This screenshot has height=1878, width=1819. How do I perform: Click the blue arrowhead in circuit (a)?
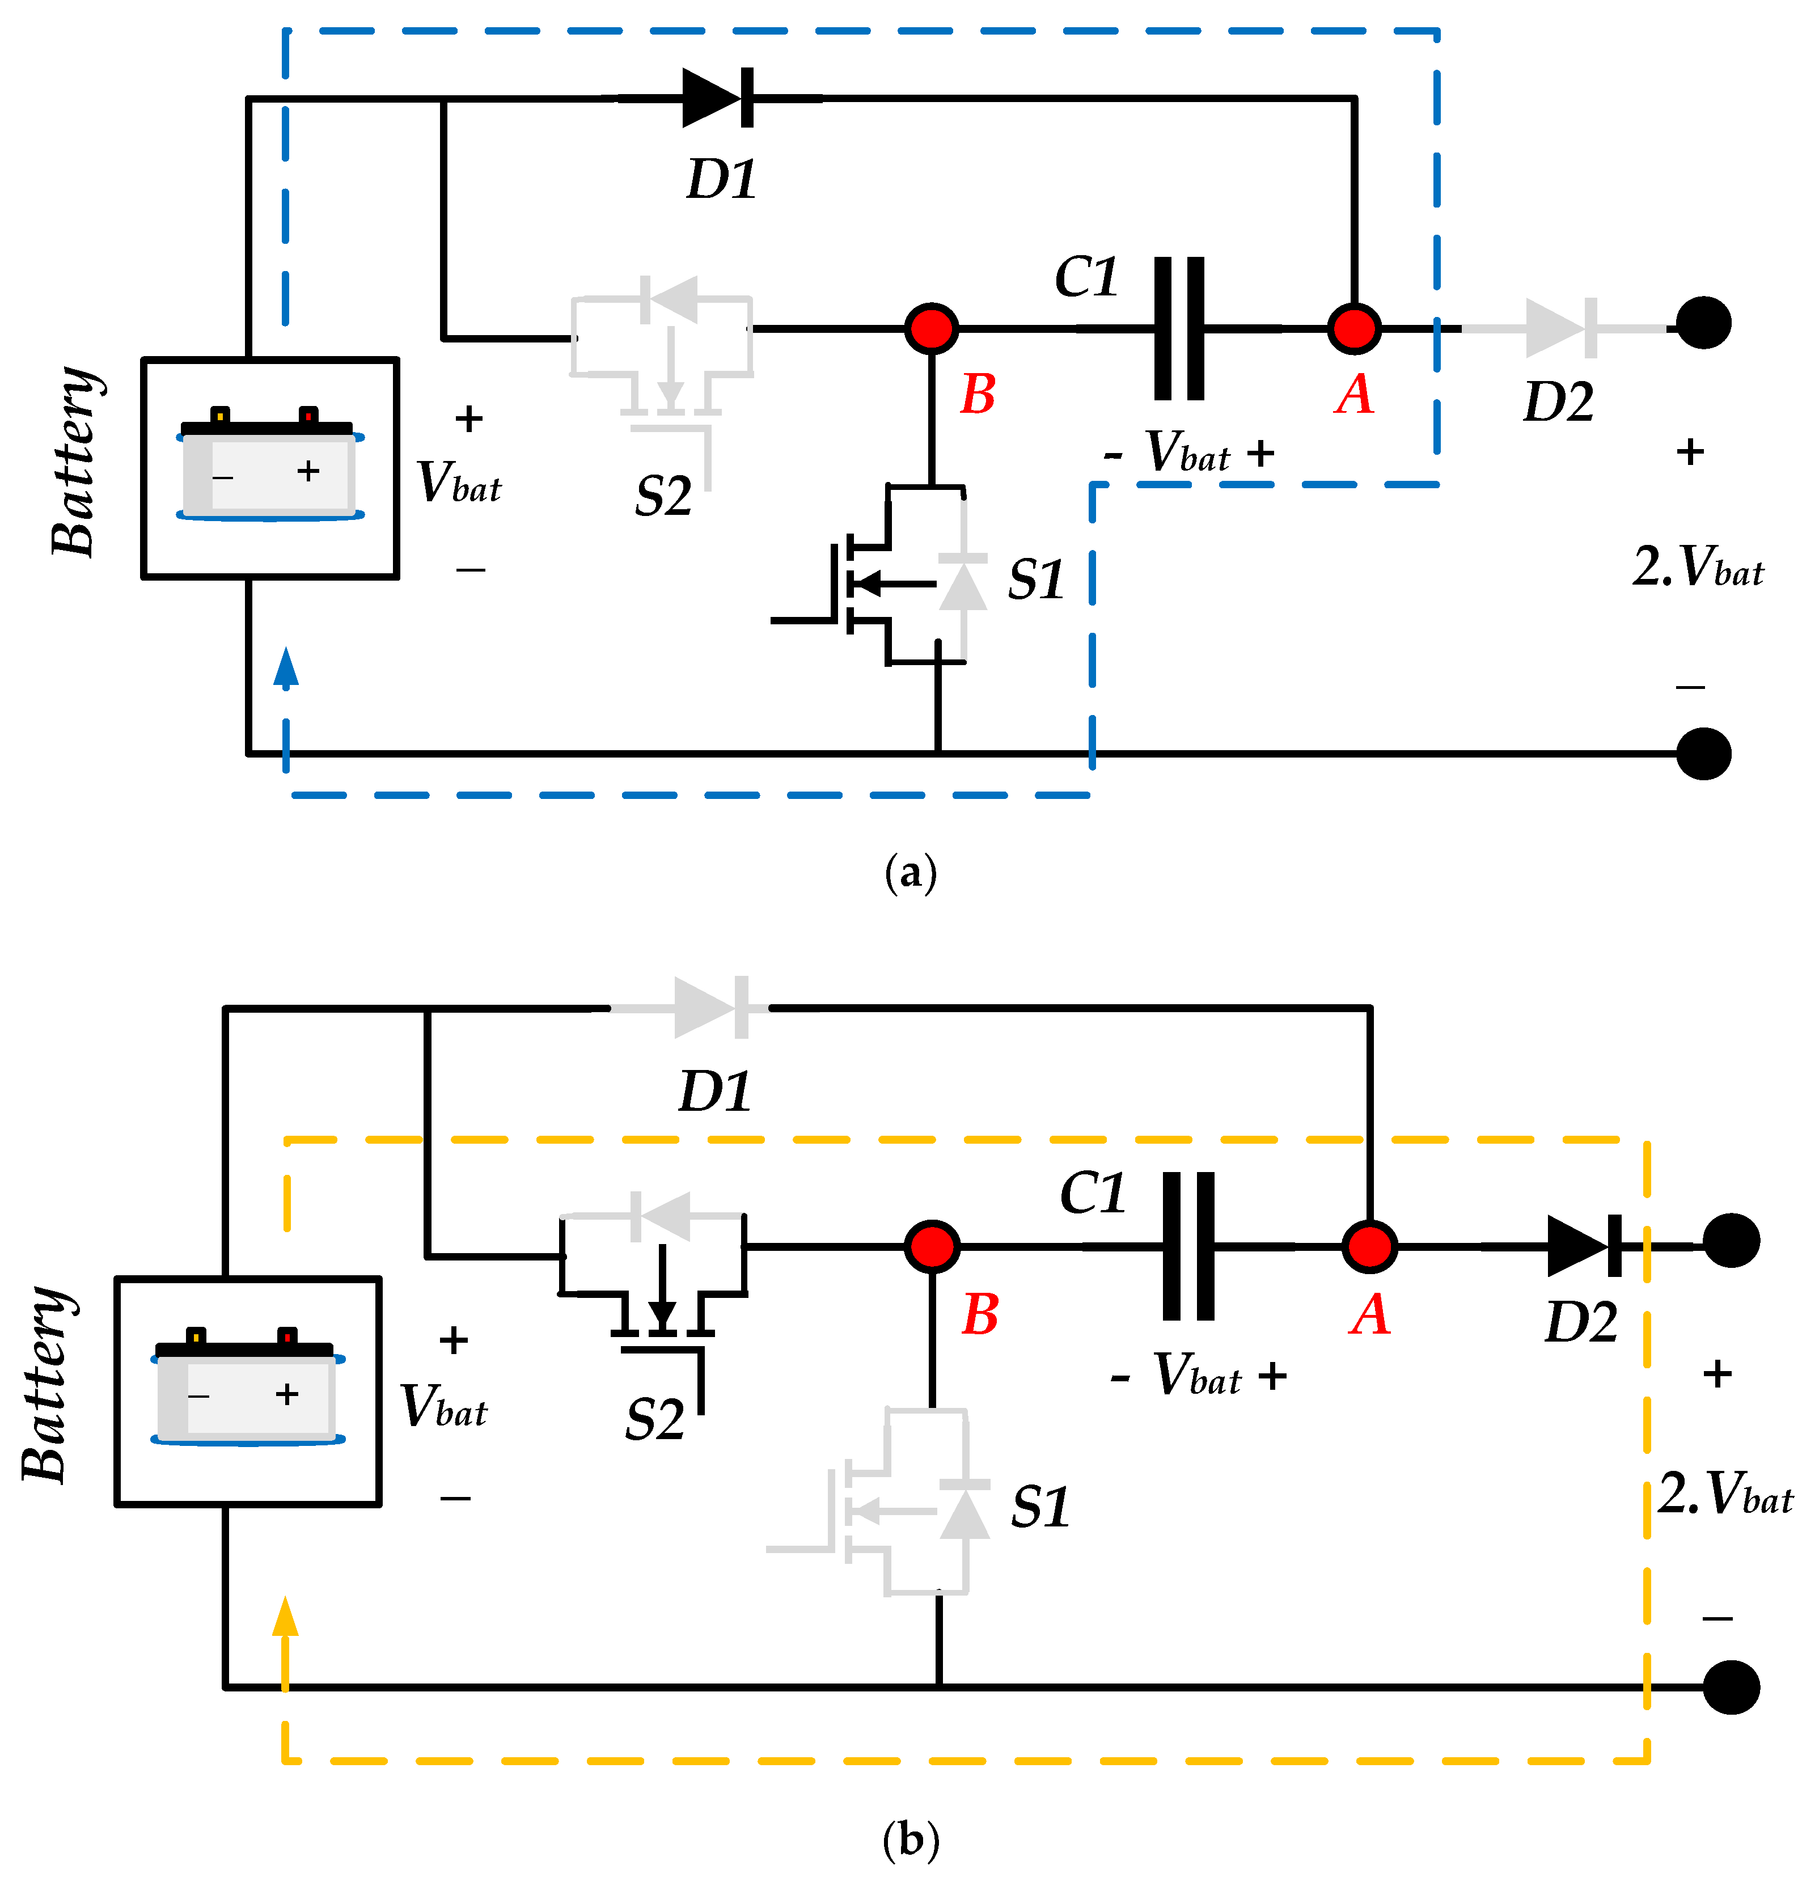286,668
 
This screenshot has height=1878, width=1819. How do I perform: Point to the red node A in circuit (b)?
1369,1246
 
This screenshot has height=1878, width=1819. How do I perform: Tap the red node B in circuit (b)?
932,1246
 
